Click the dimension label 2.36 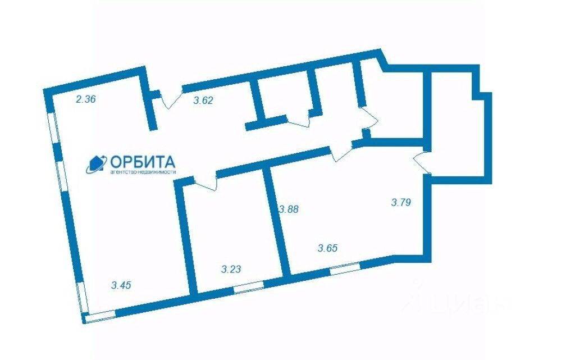tap(86, 100)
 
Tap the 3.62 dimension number tap(203, 102)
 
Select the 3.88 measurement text tap(289, 209)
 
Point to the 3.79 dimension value tap(401, 202)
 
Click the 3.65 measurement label tap(328, 248)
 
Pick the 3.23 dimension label tap(231, 270)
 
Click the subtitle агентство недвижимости tap(143, 172)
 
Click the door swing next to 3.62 tap(170, 99)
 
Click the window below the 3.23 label tap(248, 288)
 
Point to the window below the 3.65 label tap(344, 268)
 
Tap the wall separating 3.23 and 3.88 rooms tap(278, 219)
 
